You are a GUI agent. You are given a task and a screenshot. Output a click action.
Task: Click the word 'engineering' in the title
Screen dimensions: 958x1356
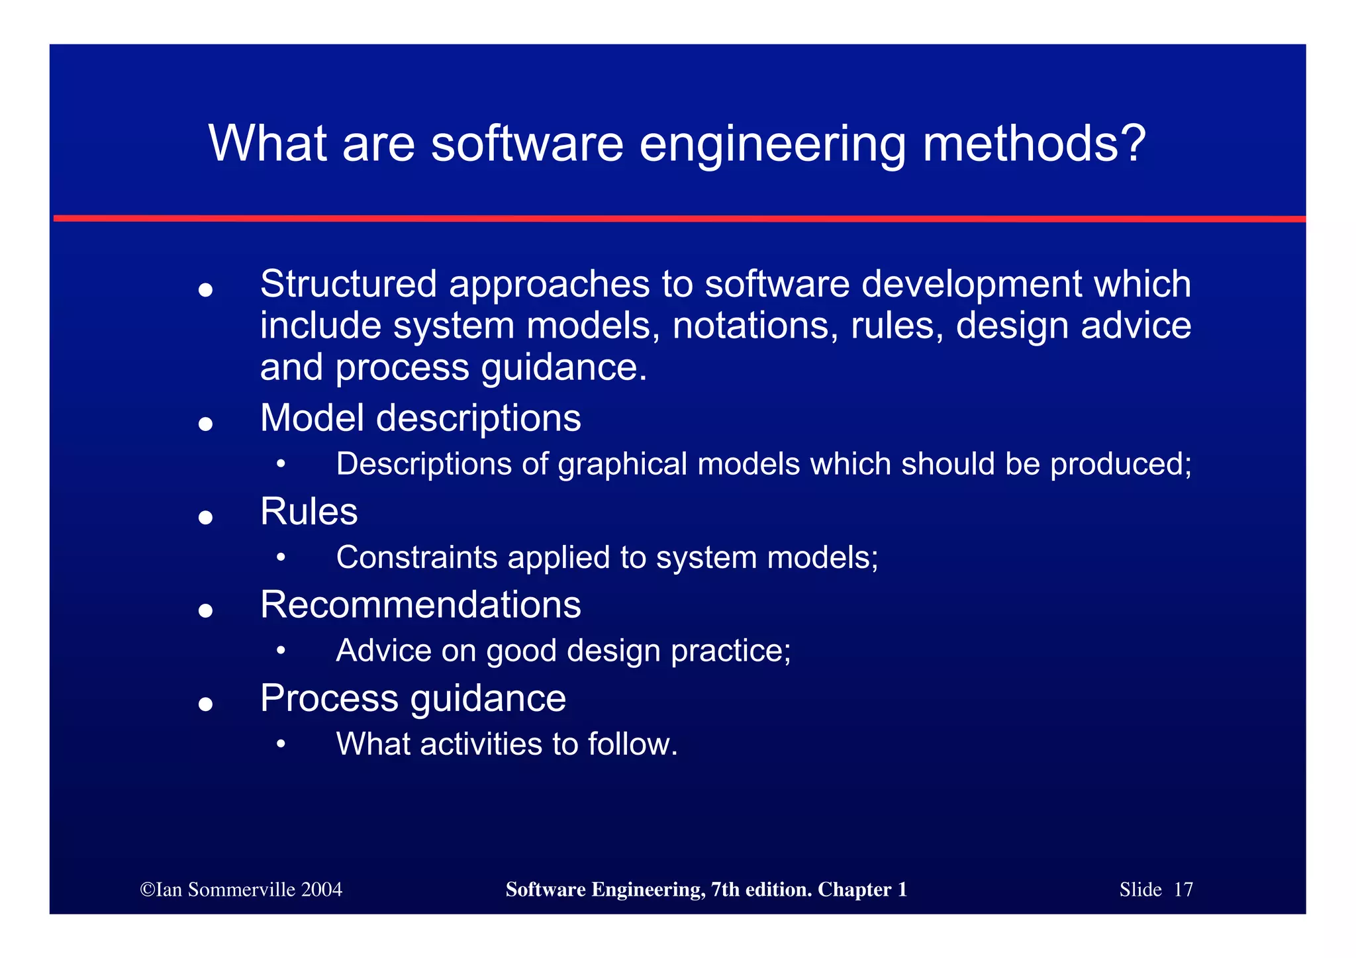(x=772, y=144)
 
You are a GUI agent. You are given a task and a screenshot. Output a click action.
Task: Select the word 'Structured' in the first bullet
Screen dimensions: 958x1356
(x=348, y=284)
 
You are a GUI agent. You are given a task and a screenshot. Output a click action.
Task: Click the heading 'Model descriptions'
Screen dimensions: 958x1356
(x=420, y=418)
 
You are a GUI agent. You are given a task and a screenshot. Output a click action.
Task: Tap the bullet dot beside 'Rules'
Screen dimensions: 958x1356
(x=205, y=517)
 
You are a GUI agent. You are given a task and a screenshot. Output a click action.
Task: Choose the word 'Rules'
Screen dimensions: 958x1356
(x=309, y=512)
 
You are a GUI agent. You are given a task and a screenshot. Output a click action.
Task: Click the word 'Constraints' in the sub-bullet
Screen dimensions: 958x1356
(x=416, y=557)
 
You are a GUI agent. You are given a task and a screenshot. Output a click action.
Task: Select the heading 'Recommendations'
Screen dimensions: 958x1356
(x=420, y=605)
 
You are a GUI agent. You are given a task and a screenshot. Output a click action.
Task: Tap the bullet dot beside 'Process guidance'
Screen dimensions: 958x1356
(x=205, y=704)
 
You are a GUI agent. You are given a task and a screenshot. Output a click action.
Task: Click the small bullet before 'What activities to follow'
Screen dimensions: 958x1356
(x=281, y=744)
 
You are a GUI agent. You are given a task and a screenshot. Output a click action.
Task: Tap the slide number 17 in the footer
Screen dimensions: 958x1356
(x=1183, y=890)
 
